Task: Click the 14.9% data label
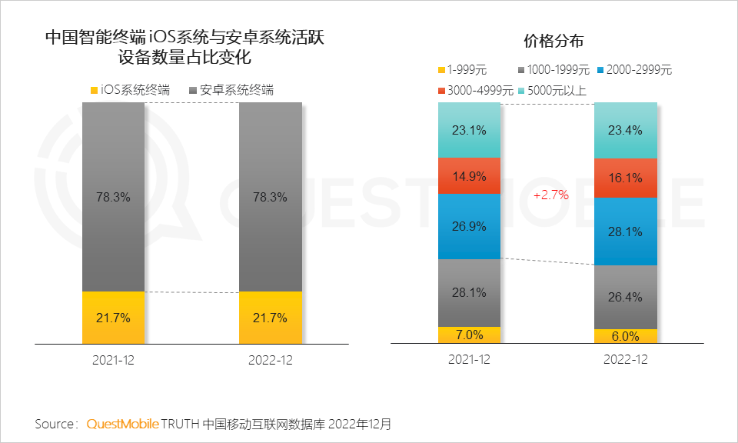click(x=469, y=176)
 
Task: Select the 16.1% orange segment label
click(x=626, y=178)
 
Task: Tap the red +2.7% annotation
click(x=550, y=195)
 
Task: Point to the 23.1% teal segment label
click(x=469, y=131)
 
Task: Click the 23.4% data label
click(x=626, y=131)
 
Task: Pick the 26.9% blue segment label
click(x=469, y=226)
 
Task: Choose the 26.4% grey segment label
click(x=626, y=297)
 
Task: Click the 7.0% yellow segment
click(x=469, y=335)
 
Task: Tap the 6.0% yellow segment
click(x=626, y=336)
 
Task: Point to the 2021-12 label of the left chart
click(x=113, y=360)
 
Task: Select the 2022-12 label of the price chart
click(x=626, y=360)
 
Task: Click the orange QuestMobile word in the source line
click(x=123, y=424)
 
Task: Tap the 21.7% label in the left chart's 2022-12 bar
click(x=271, y=318)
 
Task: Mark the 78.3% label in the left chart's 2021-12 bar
click(x=113, y=197)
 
